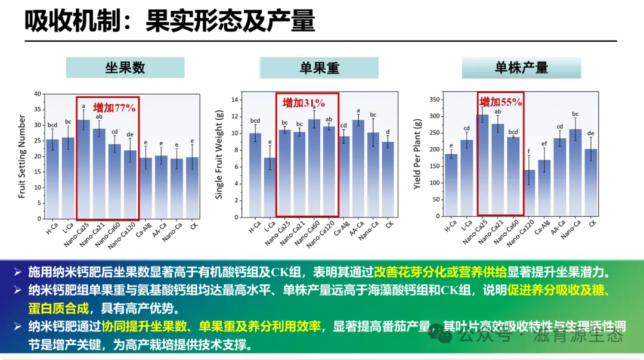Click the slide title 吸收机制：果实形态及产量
tap(169, 21)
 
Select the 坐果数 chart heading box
tap(125, 67)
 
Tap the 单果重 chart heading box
tap(319, 68)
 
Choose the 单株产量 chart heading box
tap(521, 67)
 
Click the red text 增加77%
tap(114, 107)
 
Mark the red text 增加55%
tap(501, 102)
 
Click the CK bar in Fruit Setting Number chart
tap(192, 187)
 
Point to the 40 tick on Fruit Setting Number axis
tap(37, 94)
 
